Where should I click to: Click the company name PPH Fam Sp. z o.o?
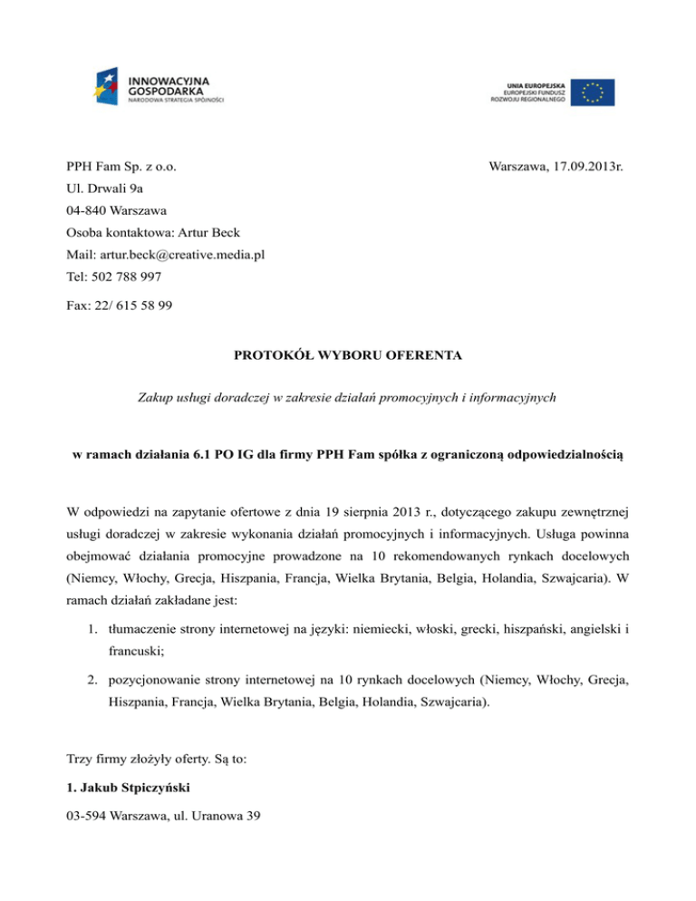121,167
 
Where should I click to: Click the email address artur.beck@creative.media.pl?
180,255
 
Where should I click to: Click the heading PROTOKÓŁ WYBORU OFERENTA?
348,357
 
